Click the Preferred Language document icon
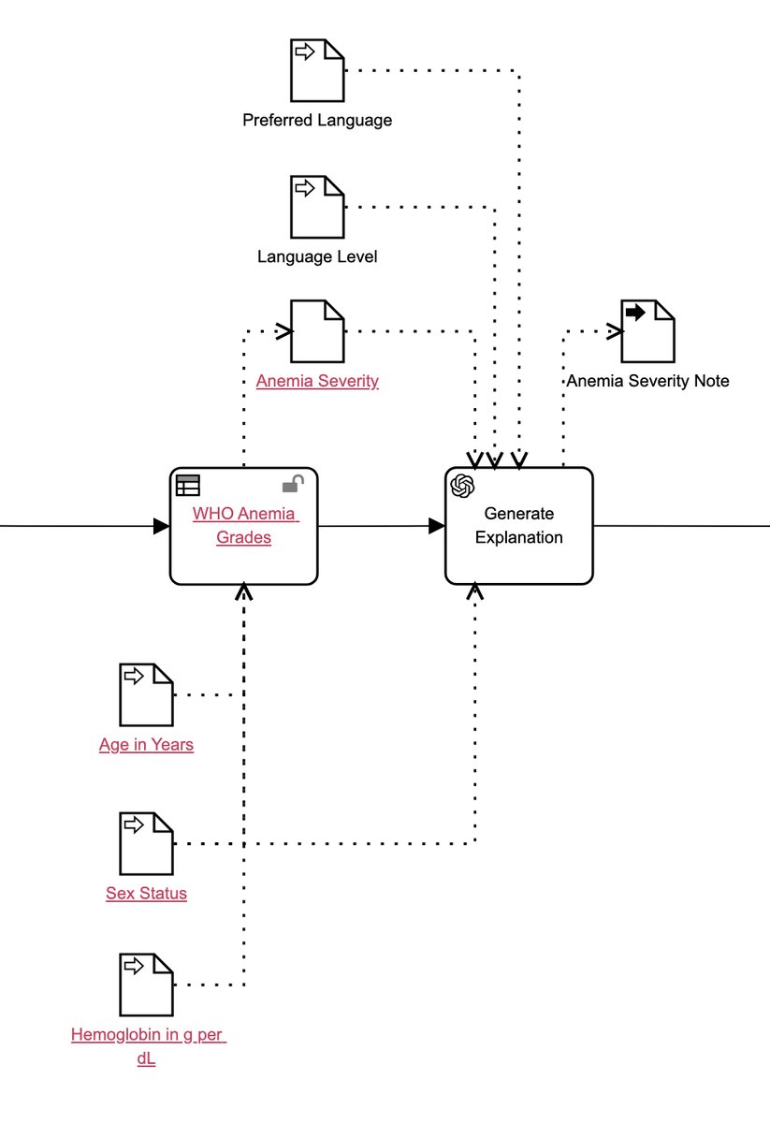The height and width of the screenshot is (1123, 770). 316,70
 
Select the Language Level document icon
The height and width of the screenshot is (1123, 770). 316,207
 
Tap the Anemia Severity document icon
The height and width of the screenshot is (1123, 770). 317,331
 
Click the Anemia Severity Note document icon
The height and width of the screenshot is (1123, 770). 647,331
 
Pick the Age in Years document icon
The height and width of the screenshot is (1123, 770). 147,694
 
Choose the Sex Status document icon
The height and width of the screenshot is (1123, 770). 147,843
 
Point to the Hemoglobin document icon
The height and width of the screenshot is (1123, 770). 147,984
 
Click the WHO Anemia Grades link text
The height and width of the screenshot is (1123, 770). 244,525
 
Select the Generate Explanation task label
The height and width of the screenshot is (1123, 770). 518,525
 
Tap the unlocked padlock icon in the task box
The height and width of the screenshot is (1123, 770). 293,484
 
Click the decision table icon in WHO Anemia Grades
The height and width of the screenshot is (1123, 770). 188,485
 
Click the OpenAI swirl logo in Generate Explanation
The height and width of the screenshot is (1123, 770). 463,486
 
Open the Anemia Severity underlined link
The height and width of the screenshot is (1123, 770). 317,381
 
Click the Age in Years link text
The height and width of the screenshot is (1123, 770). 147,745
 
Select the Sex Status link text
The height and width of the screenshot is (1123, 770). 147,893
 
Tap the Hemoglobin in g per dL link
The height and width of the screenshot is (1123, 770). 148,1047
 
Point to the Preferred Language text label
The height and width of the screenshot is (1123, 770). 317,120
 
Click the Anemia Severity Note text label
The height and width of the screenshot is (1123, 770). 647,381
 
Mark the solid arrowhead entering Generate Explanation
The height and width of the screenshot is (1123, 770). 436,526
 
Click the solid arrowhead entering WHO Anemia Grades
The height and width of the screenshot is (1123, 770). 161,526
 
